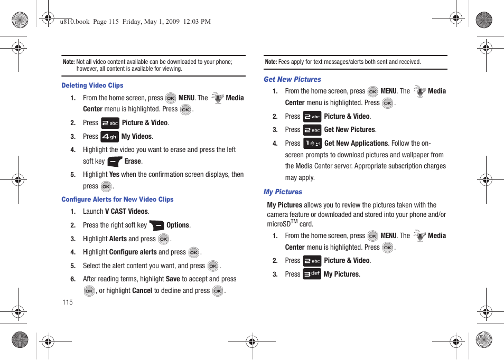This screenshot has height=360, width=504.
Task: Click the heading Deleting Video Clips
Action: pos(92,86)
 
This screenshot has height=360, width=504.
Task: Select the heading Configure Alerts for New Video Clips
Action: pos(117,200)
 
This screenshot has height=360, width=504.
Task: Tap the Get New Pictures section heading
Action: pos(292,80)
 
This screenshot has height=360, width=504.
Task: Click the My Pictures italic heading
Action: pos(283,192)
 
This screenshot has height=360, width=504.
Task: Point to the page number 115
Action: pos(67,302)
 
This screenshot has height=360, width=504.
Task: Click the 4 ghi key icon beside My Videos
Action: pos(110,137)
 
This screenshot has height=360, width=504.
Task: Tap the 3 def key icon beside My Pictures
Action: pos(312,274)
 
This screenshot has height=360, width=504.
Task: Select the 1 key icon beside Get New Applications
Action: pos(312,144)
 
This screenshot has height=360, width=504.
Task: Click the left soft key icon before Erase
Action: pos(115,162)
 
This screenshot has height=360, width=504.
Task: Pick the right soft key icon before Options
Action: pos(156,225)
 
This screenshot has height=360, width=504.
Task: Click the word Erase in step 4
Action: pos(133,162)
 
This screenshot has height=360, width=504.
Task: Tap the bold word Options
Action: pos(178,225)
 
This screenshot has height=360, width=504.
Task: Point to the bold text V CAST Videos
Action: pos(126,212)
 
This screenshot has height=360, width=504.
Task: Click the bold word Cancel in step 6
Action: pos(142,291)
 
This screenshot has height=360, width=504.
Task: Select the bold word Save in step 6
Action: pos(173,279)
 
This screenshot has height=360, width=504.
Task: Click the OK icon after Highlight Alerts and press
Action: pos(164,240)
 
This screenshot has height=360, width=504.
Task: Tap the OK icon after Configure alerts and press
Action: pos(194,253)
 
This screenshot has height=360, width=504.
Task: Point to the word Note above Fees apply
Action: pos(270,62)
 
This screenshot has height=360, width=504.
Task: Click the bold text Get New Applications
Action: pos(356,144)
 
